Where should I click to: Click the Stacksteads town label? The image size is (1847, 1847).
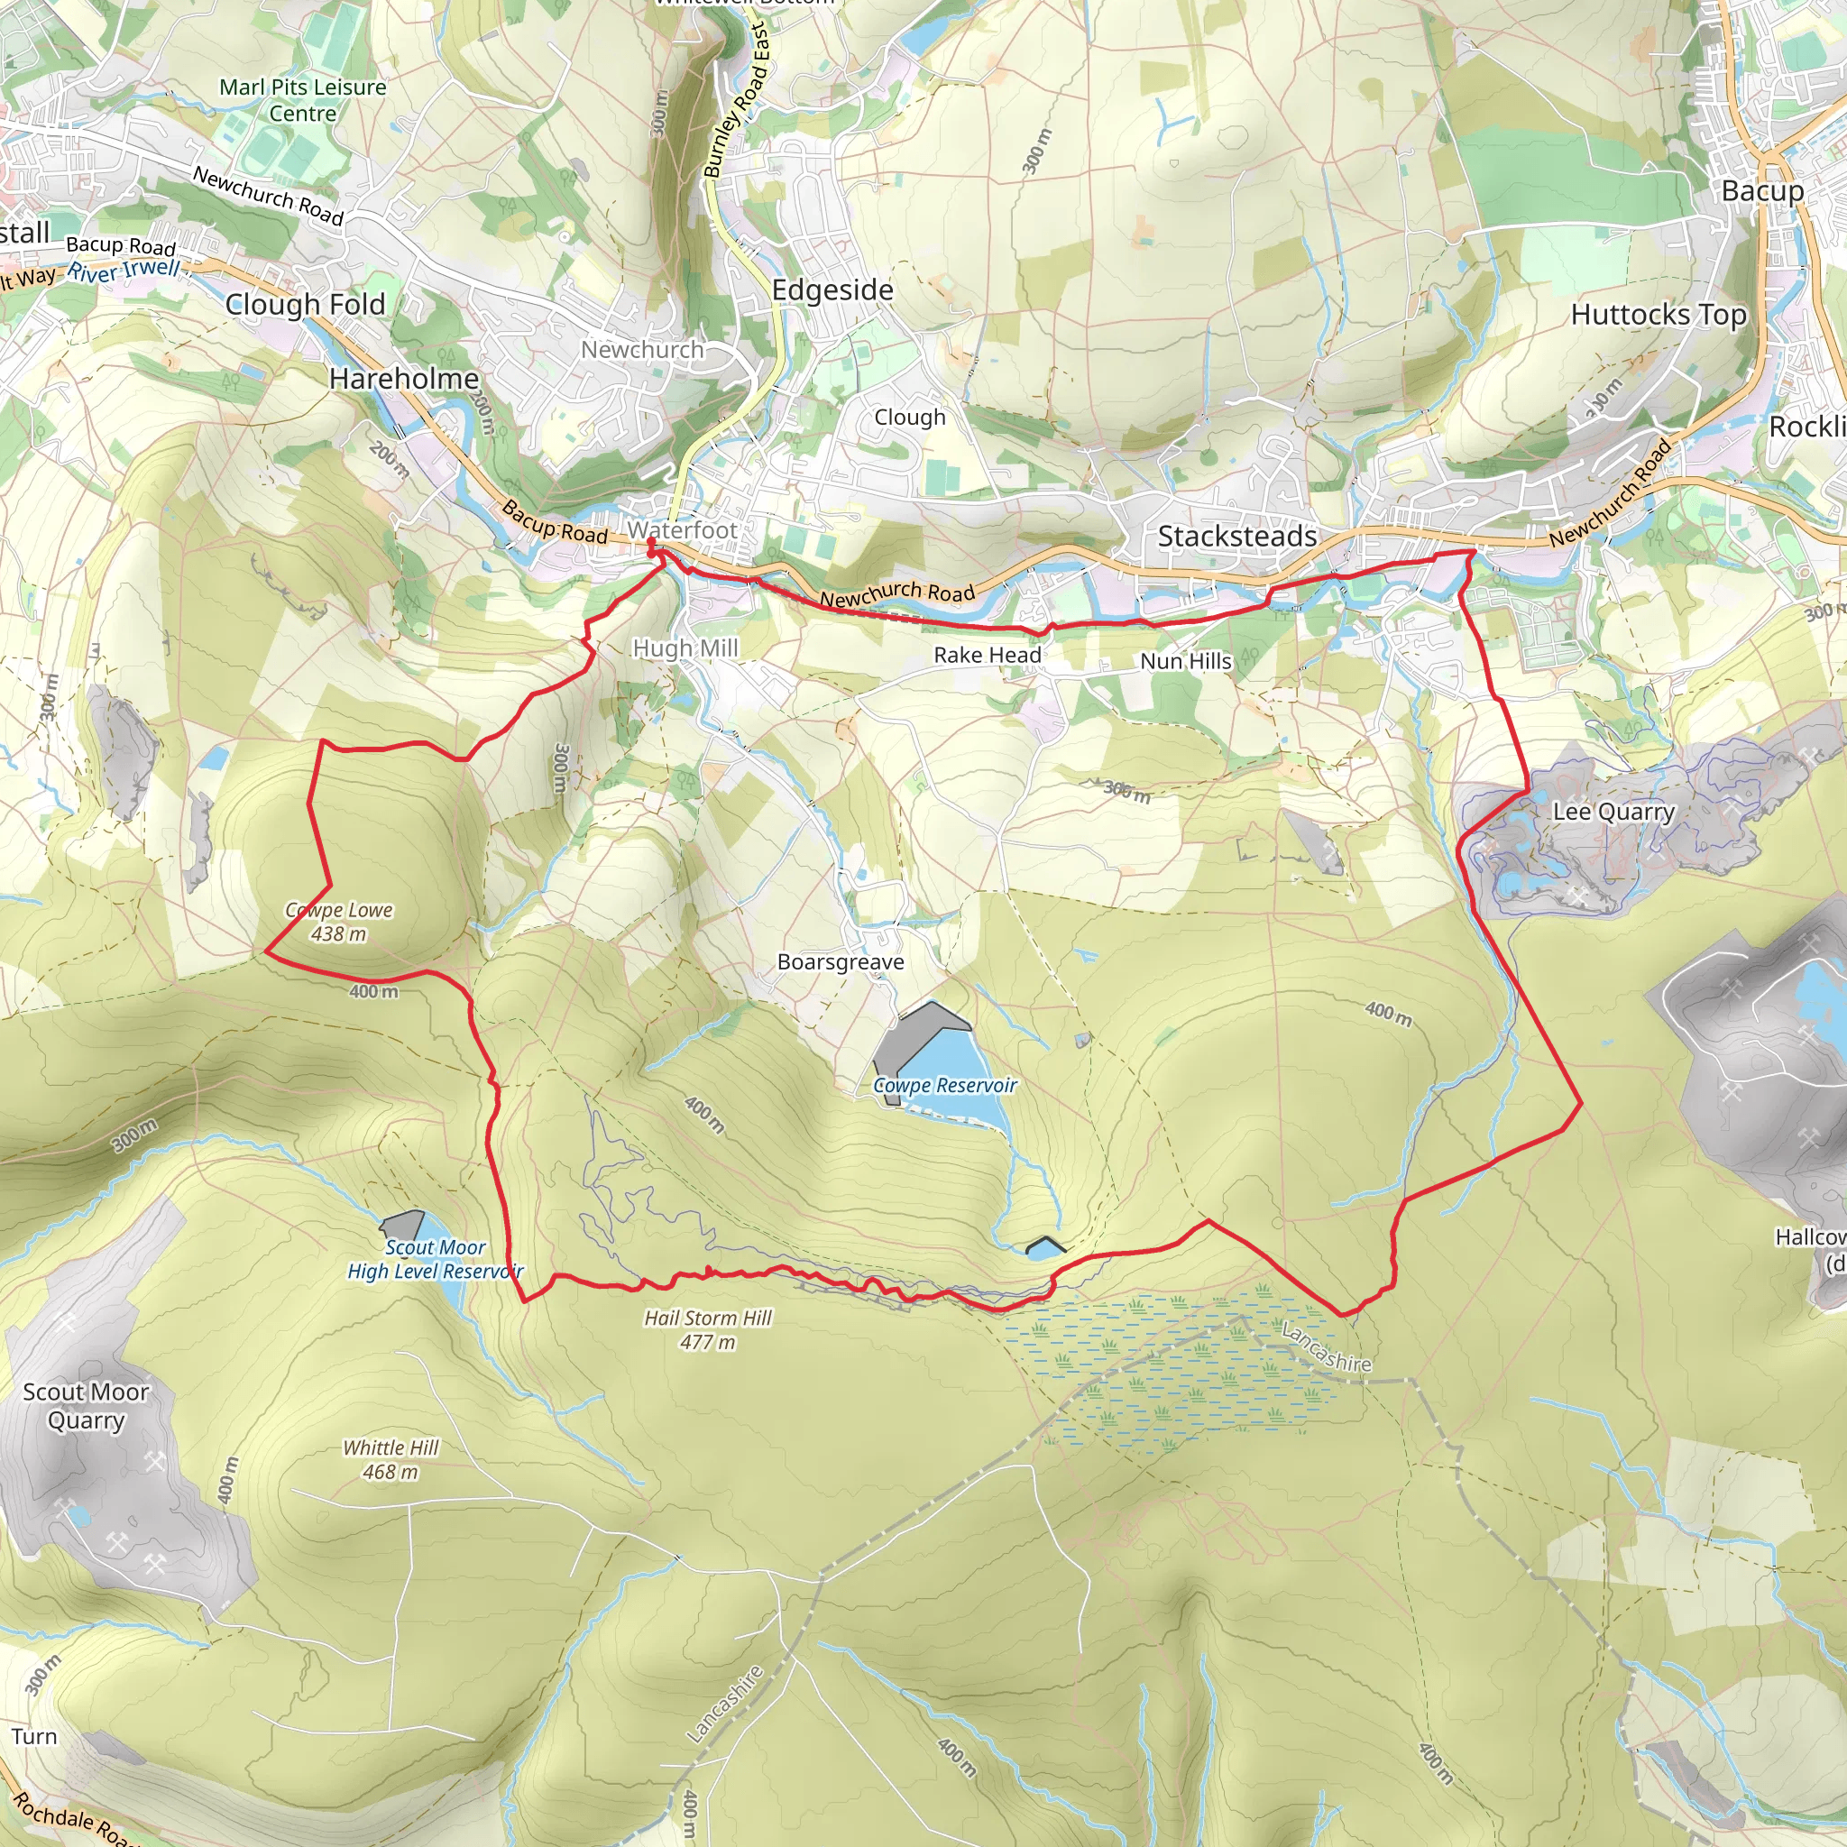click(1237, 537)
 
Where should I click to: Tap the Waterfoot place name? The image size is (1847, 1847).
click(683, 529)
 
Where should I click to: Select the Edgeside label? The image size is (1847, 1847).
click(832, 289)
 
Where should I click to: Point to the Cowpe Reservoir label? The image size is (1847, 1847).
click(944, 1085)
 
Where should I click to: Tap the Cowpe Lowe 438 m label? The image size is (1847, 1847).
click(338, 922)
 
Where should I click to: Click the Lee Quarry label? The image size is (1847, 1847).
click(1613, 812)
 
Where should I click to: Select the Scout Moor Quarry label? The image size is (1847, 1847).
click(86, 1406)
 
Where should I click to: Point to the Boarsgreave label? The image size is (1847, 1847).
click(841, 961)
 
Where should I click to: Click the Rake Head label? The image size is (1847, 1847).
click(988, 655)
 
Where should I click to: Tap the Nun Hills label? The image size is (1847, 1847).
click(1185, 660)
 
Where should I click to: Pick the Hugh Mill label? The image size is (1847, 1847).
click(685, 648)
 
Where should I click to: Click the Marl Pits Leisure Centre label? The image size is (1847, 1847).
click(303, 100)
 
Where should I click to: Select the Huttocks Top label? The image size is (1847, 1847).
click(1659, 315)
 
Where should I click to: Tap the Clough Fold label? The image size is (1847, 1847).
click(305, 304)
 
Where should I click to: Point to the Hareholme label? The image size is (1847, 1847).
click(403, 379)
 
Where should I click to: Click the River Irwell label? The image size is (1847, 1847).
click(124, 271)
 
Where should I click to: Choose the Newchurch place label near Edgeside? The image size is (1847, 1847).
click(642, 350)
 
